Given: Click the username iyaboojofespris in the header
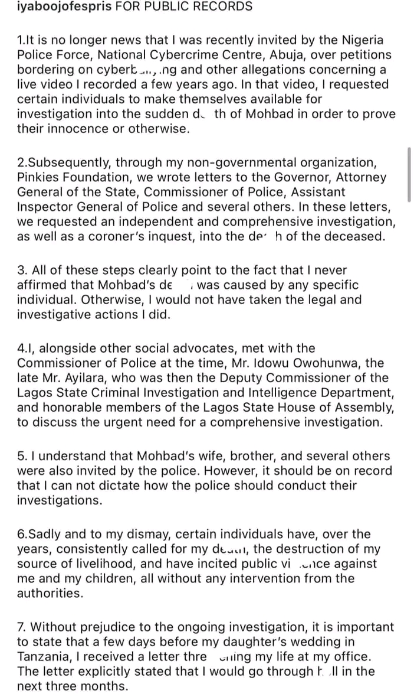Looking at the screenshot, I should click(x=57, y=7).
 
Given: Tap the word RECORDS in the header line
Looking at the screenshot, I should click(x=221, y=7).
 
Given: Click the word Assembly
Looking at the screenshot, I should click(x=360, y=408).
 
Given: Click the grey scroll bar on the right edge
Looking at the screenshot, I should click(x=409, y=175).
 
